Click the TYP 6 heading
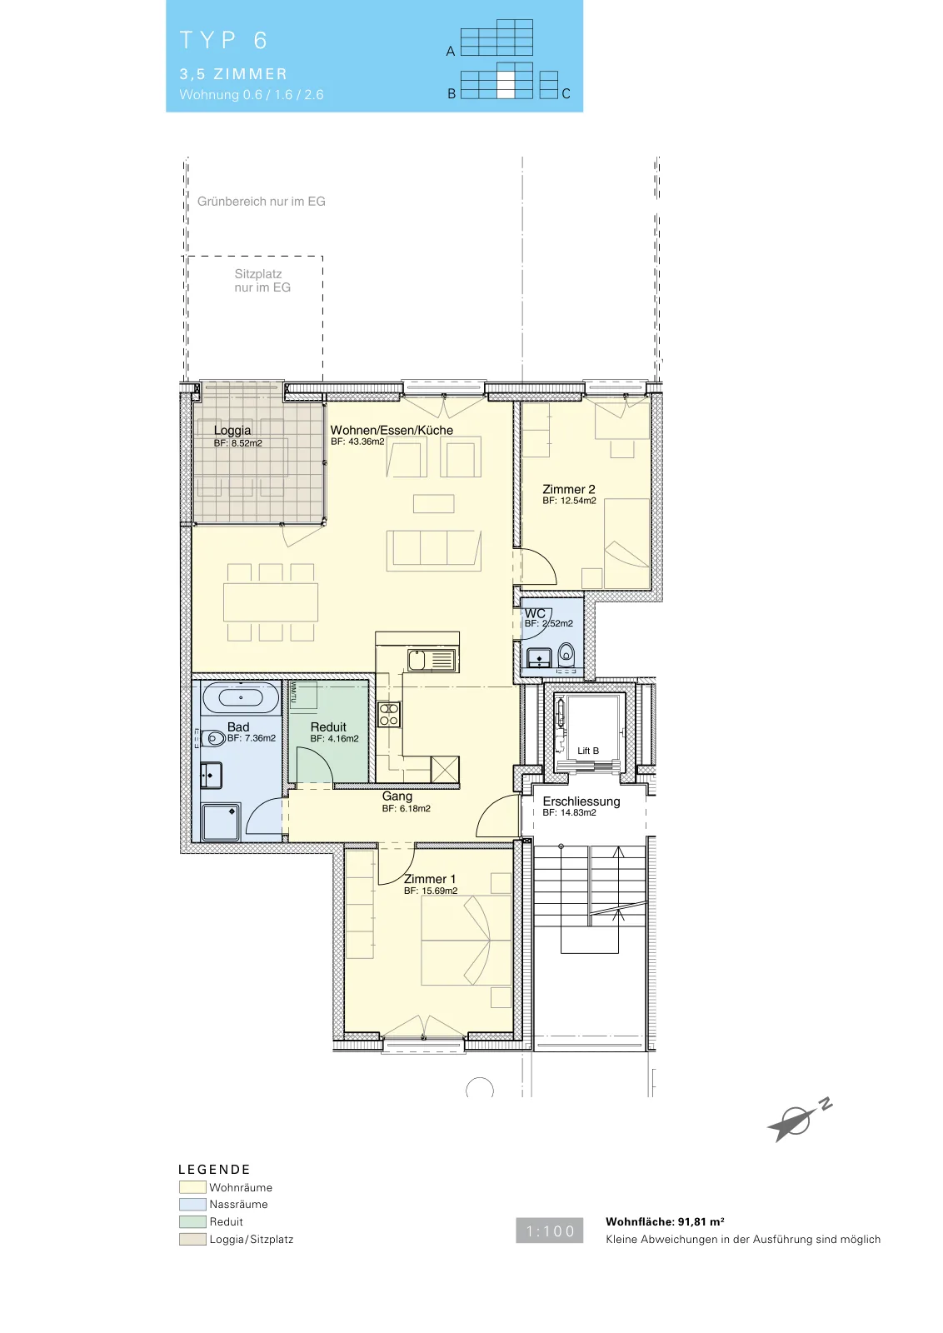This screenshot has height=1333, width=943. [224, 40]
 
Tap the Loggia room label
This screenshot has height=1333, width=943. [232, 430]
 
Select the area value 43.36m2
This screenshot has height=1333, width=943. [365, 442]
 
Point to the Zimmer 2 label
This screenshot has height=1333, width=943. [568, 489]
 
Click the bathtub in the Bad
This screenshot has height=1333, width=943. [241, 697]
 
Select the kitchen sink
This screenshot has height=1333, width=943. [432, 661]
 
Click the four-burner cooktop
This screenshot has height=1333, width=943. [389, 715]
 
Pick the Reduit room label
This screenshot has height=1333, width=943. [328, 727]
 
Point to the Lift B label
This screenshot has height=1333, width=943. [588, 751]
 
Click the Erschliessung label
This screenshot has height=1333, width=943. [581, 801]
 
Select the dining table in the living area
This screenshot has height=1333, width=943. [271, 603]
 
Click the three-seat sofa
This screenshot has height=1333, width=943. [434, 551]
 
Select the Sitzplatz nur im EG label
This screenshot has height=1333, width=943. [262, 281]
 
